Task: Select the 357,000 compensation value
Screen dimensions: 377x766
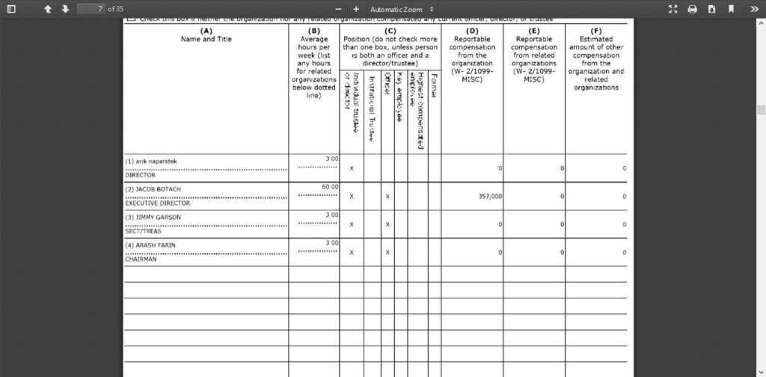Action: click(x=490, y=196)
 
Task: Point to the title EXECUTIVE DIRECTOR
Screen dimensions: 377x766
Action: click(x=157, y=203)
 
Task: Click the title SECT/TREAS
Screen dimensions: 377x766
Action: click(x=143, y=231)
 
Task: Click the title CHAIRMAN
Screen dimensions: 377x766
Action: click(x=141, y=259)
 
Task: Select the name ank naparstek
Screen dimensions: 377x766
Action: click(x=151, y=161)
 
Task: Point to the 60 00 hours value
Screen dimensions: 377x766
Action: click(x=330, y=186)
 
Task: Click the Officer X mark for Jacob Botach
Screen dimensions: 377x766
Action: click(x=387, y=196)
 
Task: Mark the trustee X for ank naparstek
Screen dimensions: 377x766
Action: click(x=351, y=168)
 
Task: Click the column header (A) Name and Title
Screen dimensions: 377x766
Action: click(x=206, y=35)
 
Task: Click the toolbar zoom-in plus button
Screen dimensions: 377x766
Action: click(x=356, y=9)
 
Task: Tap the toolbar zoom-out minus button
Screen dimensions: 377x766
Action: click(x=337, y=9)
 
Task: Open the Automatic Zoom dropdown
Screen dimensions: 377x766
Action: click(x=401, y=9)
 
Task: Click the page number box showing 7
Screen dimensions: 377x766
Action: click(x=91, y=9)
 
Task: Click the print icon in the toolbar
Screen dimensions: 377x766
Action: click(x=692, y=9)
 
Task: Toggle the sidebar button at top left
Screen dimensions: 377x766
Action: click(x=11, y=9)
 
